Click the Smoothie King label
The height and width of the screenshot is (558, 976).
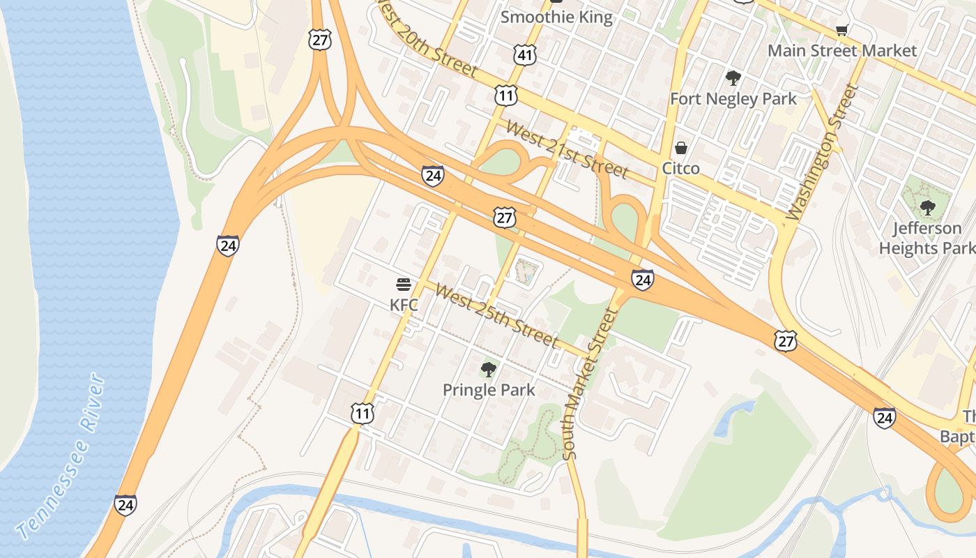556,17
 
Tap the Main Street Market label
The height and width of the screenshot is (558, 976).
842,51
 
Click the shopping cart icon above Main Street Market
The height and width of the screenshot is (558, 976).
841,30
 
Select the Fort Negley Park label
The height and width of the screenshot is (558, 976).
733,99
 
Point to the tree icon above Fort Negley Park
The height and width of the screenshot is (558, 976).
733,77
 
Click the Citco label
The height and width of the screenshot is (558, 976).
680,168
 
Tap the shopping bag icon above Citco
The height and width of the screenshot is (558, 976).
681,148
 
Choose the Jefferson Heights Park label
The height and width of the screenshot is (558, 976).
927,238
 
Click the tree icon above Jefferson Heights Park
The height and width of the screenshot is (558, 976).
927,207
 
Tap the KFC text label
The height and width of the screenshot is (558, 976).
404,305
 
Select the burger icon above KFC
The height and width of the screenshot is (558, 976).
404,285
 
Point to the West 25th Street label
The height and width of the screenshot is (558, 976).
496,315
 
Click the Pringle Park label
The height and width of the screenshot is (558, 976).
489,390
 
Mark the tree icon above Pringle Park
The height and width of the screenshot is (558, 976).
489,369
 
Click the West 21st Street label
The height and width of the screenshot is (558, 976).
567,149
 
